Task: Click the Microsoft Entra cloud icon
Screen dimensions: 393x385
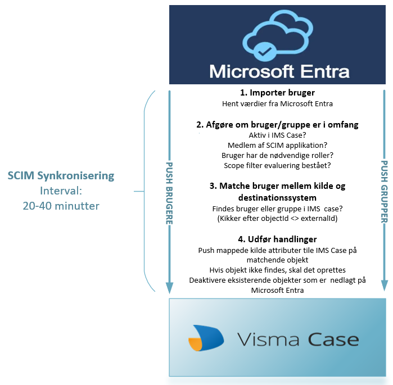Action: (278, 35)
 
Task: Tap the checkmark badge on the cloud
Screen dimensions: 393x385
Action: (265, 52)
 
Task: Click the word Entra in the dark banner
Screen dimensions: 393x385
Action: (325, 71)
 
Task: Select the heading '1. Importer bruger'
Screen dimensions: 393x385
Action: (277, 93)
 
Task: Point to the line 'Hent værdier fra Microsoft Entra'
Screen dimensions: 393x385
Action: (277, 104)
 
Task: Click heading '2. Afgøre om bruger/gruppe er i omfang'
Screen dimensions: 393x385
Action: (277, 124)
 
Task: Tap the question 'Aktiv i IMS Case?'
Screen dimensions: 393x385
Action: (277, 135)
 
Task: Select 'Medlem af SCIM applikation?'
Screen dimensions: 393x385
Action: (277, 145)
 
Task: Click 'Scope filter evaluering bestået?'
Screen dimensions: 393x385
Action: (277, 166)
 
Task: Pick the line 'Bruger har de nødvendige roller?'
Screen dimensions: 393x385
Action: (277, 156)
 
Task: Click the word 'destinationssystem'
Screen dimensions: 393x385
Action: (277, 198)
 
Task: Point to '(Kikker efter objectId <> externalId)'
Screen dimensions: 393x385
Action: (277, 219)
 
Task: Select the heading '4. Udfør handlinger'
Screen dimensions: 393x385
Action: (277, 239)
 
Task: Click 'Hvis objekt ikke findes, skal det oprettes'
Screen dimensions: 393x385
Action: (277, 270)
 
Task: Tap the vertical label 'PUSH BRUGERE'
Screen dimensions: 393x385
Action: (169, 193)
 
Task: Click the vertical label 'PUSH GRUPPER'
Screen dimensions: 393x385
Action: (384, 192)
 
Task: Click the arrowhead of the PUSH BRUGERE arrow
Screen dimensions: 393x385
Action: (169, 288)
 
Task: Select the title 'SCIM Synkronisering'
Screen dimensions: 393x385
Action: (61, 175)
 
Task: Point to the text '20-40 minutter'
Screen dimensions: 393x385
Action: (61, 206)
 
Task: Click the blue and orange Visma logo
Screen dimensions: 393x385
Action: (206, 338)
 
